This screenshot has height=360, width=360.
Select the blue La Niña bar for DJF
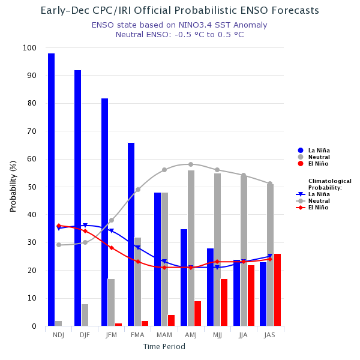(x=78, y=198)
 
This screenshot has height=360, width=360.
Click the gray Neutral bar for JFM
(x=111, y=302)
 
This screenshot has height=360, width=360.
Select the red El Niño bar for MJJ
(x=224, y=302)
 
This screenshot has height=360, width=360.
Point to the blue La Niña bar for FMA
(x=131, y=234)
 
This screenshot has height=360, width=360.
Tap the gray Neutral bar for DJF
(x=85, y=315)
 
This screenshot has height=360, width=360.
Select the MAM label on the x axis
(x=164, y=335)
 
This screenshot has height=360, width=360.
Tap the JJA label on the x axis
(x=243, y=335)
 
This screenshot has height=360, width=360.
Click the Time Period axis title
(x=164, y=347)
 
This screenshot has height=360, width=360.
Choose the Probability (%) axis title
(x=13, y=186)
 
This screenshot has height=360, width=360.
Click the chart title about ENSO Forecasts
(x=180, y=11)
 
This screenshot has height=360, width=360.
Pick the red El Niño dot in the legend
(x=300, y=163)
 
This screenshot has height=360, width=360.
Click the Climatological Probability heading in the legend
(x=329, y=184)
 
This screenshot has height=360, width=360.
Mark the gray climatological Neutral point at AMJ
(x=191, y=164)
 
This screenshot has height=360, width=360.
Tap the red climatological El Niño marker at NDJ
(x=59, y=226)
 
